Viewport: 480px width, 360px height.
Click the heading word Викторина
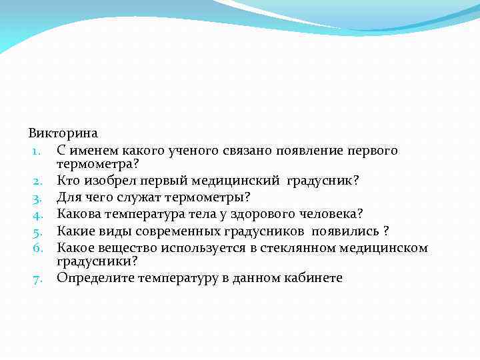pos(63,134)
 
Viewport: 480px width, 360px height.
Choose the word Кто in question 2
pos(68,181)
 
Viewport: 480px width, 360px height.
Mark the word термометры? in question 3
pos(213,197)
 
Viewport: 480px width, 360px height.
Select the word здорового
pos(255,214)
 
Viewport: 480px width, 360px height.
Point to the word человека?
pos(331,214)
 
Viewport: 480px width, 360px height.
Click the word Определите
pos(95,278)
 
